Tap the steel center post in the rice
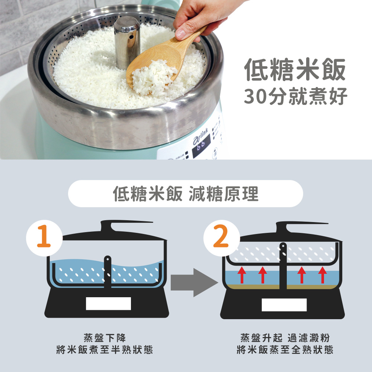[x=127, y=42]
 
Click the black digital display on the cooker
[x=201, y=146]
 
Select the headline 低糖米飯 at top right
[x=295, y=70]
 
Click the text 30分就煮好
[x=296, y=96]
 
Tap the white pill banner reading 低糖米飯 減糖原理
[x=186, y=193]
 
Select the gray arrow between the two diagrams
[x=194, y=282]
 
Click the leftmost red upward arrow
[x=242, y=275]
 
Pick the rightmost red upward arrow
[x=323, y=275]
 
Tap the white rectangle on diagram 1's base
[x=108, y=304]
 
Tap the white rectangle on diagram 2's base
[x=284, y=305]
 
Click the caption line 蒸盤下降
[x=105, y=338]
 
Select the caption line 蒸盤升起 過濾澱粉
[x=285, y=338]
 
